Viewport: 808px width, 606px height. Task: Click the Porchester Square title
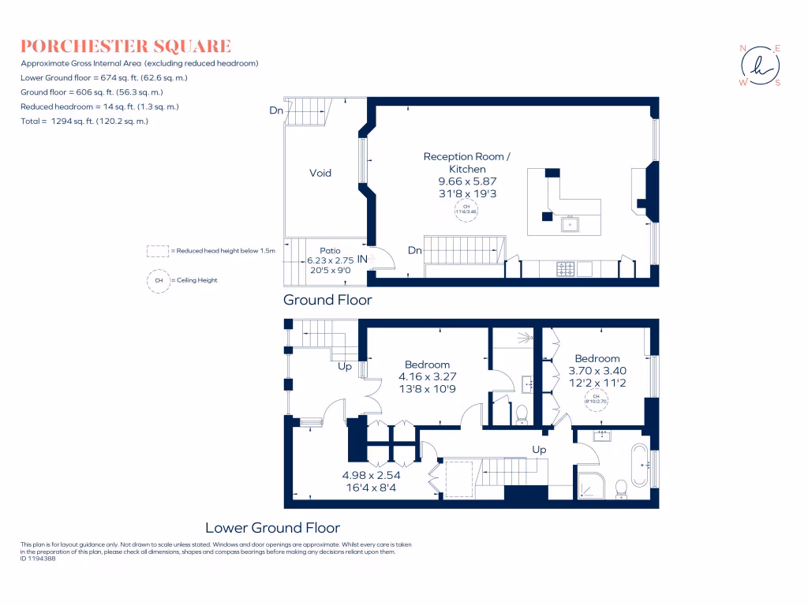click(125, 46)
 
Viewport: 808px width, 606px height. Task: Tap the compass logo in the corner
click(758, 65)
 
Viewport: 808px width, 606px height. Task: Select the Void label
click(320, 173)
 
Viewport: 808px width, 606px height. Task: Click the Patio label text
click(330, 250)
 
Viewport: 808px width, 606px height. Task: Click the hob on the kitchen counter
click(566, 269)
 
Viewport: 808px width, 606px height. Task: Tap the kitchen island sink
click(570, 224)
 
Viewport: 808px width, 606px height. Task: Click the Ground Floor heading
click(327, 300)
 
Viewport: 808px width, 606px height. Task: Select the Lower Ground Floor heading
click(272, 527)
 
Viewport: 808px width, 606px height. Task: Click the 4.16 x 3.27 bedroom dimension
click(427, 377)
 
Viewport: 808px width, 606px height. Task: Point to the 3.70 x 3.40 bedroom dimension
click(597, 371)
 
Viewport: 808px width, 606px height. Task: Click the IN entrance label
click(363, 259)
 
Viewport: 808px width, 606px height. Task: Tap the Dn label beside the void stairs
click(275, 111)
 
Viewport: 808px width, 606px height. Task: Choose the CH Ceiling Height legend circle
click(159, 280)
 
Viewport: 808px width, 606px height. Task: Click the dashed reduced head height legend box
click(158, 251)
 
